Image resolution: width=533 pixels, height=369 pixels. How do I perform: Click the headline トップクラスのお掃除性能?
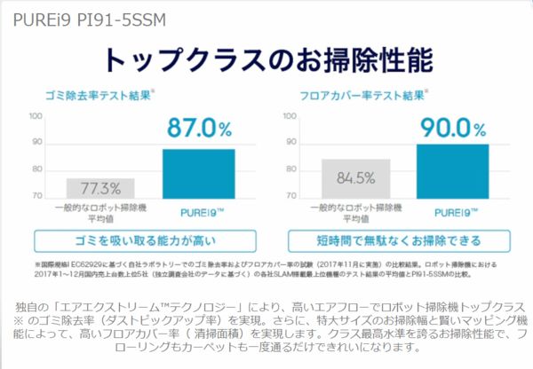(267, 59)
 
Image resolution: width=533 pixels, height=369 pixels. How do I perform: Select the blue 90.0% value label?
(452, 128)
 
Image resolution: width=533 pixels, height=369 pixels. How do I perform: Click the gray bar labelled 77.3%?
(100, 188)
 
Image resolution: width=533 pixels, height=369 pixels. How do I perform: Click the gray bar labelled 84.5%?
(355, 178)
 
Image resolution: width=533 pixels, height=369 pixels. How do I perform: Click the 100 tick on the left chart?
(36, 116)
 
